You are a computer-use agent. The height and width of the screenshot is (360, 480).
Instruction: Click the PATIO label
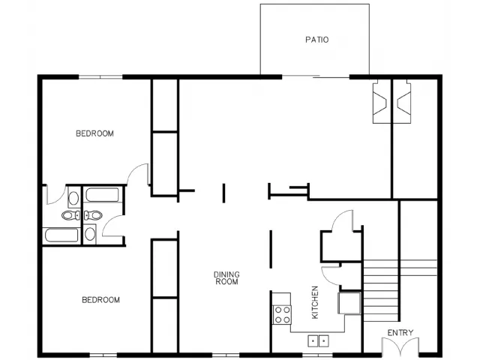316,40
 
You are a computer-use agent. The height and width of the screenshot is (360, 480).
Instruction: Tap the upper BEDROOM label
94,133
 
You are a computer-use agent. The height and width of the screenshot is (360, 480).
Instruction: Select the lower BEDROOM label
100,300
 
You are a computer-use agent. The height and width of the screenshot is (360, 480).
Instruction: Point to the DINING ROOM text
226,278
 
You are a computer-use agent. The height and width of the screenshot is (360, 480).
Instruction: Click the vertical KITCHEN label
315,302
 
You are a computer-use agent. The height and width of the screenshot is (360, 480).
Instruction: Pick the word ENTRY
400,332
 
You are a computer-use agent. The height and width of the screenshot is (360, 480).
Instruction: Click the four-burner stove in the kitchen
282,315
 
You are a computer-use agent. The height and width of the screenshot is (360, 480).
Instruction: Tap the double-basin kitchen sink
318,340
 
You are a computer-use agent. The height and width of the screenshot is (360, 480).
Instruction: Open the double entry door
400,346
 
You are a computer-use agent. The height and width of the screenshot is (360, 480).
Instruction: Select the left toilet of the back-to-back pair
70,215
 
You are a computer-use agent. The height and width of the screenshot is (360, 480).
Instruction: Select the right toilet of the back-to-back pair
93,215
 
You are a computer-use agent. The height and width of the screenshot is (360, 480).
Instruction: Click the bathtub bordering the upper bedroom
102,195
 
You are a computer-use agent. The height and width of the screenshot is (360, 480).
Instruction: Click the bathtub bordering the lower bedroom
61,235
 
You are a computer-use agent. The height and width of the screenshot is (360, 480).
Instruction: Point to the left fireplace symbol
379,102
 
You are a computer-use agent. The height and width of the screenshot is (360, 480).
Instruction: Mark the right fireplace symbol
403,102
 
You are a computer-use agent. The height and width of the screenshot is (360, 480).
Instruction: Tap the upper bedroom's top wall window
100,76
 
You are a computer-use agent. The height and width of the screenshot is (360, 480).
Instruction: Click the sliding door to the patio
316,76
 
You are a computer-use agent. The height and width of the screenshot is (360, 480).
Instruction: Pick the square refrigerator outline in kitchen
349,303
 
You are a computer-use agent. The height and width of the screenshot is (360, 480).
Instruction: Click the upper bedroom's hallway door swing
137,174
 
